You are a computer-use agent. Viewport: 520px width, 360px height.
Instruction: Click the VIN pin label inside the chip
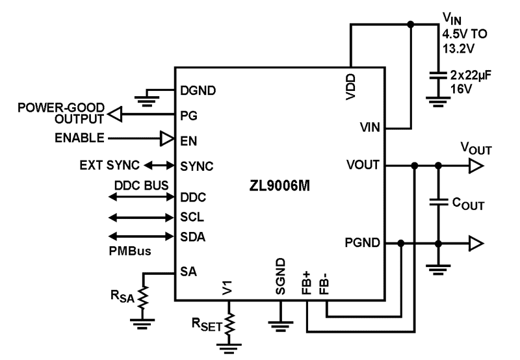[370, 129]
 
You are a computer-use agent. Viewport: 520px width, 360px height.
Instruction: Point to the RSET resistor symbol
[228, 323]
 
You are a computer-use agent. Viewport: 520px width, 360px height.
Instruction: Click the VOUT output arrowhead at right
[476, 166]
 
